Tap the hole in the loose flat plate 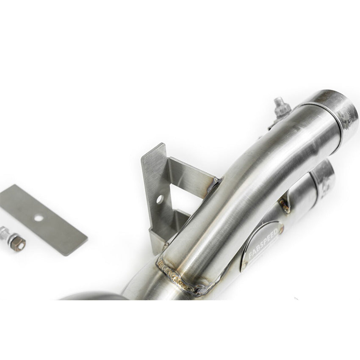(x=39, y=218)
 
